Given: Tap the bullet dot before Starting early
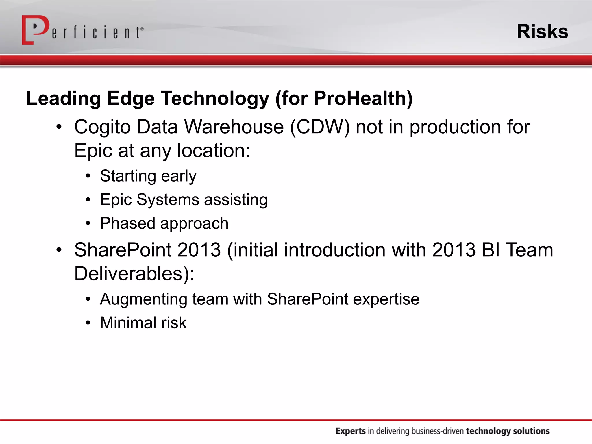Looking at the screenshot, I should pyautogui.click(x=88, y=176).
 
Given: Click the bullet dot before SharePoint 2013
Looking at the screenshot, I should pyautogui.click(x=59, y=250).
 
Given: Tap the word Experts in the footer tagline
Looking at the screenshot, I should pyautogui.click(x=350, y=431).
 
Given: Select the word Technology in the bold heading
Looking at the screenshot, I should pyautogui.click(x=215, y=98).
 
